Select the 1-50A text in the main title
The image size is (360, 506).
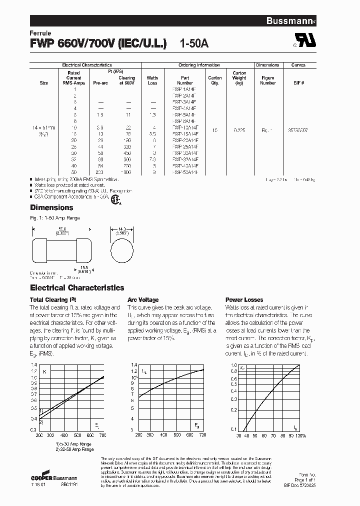tap(194, 43)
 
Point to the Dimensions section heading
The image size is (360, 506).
tap(51, 207)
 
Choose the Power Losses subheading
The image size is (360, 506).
tap(243, 300)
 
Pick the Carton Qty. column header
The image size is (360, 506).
tap(215, 80)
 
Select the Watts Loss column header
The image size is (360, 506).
tap(152, 80)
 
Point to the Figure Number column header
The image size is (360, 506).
tap(268, 80)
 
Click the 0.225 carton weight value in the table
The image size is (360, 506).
tap(239, 130)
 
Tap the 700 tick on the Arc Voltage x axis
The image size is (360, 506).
tap(202, 435)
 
